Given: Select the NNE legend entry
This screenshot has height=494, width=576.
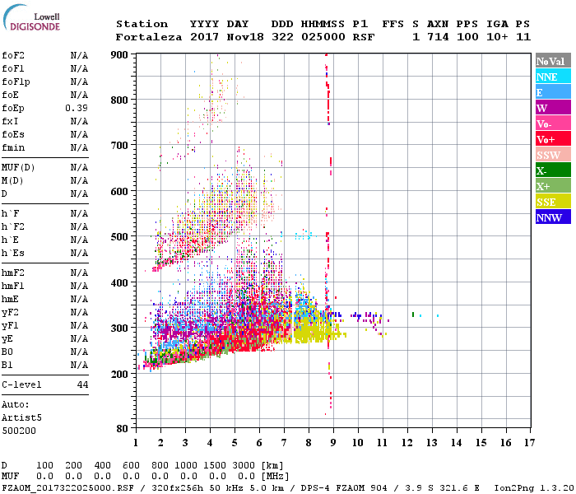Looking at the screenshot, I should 552,77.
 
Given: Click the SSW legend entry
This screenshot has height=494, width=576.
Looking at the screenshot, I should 552,155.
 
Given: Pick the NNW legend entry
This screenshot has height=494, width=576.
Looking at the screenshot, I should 552,217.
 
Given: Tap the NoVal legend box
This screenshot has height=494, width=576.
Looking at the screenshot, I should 552,61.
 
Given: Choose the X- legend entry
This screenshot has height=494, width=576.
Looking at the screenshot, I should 552,170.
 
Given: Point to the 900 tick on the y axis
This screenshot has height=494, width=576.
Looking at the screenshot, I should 120,54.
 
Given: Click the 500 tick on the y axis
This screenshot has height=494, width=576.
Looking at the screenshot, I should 120,237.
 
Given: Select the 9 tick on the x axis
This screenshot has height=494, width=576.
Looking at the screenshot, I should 332,443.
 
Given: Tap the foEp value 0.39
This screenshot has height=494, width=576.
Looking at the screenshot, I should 78,108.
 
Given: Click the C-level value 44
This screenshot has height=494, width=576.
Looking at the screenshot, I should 82,384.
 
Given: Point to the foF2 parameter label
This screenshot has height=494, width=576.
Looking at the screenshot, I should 13,55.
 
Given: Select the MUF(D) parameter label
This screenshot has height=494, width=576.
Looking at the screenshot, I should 18,167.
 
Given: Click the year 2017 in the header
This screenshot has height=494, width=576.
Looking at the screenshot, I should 203,37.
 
